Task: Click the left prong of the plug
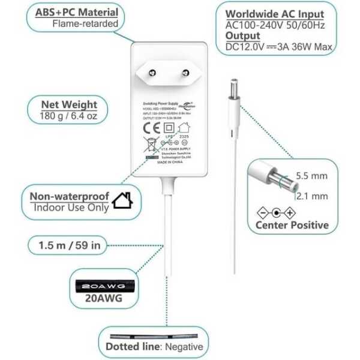click(151, 73)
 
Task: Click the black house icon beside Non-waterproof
click(122, 200)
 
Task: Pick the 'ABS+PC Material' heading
click(77, 12)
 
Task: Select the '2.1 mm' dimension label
click(311, 196)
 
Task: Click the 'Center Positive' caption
click(292, 226)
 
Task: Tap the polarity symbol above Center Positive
click(276, 212)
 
